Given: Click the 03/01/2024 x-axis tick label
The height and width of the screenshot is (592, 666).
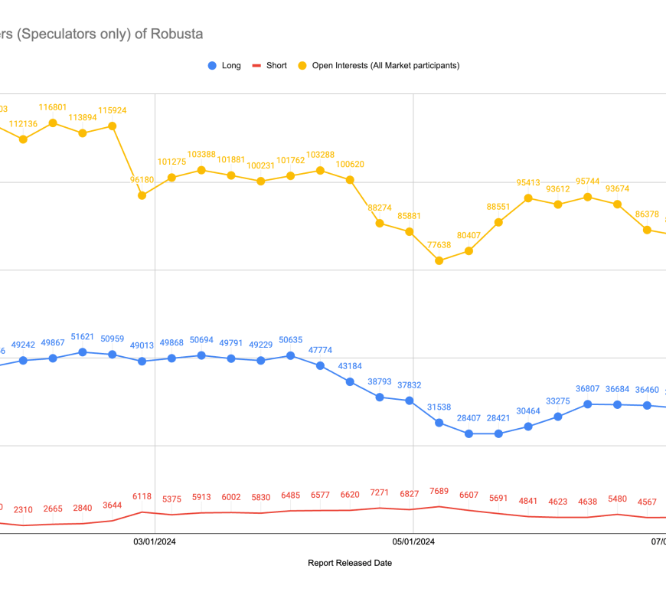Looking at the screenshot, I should click(155, 542).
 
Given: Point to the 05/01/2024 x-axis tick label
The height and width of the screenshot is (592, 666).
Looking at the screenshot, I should click(413, 542).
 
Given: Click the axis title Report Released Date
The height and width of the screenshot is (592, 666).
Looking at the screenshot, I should click(350, 563).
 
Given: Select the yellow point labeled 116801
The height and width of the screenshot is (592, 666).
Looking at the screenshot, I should click(53, 123).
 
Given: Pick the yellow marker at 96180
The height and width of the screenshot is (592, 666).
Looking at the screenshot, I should click(142, 195).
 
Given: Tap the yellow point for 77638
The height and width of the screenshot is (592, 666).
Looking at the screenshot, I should click(439, 260).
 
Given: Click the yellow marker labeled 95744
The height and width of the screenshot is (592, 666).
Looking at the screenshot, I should click(588, 197).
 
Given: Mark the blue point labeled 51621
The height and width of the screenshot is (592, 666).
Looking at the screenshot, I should click(83, 352).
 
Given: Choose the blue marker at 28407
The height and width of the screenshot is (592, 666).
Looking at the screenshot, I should click(468, 433).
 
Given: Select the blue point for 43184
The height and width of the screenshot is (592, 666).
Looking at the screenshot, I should click(350, 381).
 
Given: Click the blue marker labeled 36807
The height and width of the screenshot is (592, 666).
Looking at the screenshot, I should click(588, 404).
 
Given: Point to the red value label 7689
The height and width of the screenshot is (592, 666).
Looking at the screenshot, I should click(439, 491).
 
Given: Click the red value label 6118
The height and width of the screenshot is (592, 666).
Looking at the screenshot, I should click(142, 496).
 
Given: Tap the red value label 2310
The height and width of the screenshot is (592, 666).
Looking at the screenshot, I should click(23, 509).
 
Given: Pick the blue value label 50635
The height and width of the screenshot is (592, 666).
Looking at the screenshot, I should click(290, 340).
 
